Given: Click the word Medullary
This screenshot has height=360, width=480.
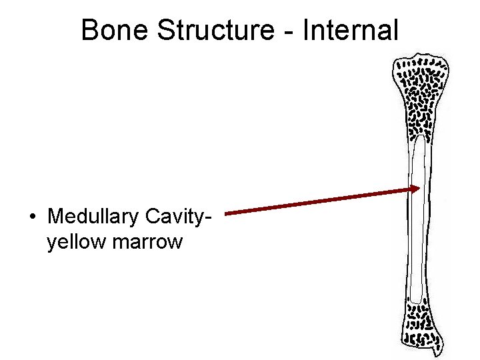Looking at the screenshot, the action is pyautogui.click(x=93, y=217).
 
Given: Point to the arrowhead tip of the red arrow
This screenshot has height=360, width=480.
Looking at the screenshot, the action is pyautogui.click(x=419, y=189).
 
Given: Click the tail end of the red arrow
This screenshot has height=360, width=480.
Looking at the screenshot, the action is pyautogui.click(x=227, y=213).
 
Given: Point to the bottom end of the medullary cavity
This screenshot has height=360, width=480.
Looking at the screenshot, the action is pyautogui.click(x=417, y=301).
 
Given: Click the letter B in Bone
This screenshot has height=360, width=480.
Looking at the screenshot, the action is pyautogui.click(x=89, y=30).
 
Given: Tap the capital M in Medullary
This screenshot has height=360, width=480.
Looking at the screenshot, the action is pyautogui.click(x=56, y=217).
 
